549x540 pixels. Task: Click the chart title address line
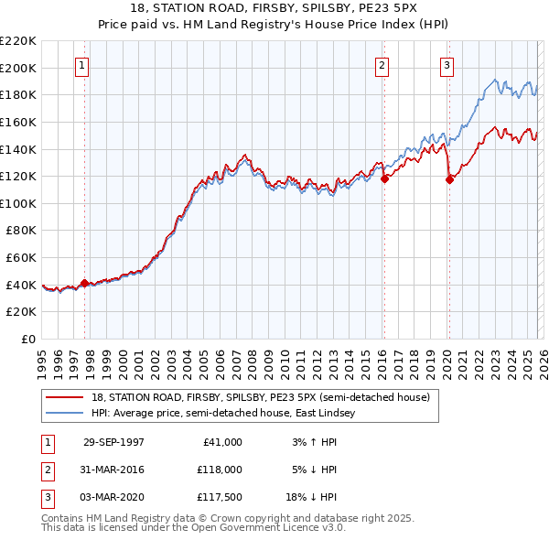tap(274, 9)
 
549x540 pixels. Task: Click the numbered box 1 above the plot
tap(83, 65)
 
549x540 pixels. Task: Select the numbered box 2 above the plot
tap(382, 65)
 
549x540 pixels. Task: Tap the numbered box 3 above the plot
tap(447, 65)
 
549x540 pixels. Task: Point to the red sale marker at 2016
tap(384, 179)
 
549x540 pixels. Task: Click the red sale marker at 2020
tap(449, 180)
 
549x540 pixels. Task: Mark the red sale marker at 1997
tap(85, 284)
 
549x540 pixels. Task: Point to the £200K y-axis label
tap(18, 68)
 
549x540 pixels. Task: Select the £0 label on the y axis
tap(27, 339)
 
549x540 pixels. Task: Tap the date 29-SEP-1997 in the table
tap(113, 442)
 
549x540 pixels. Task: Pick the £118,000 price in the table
tap(220, 469)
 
